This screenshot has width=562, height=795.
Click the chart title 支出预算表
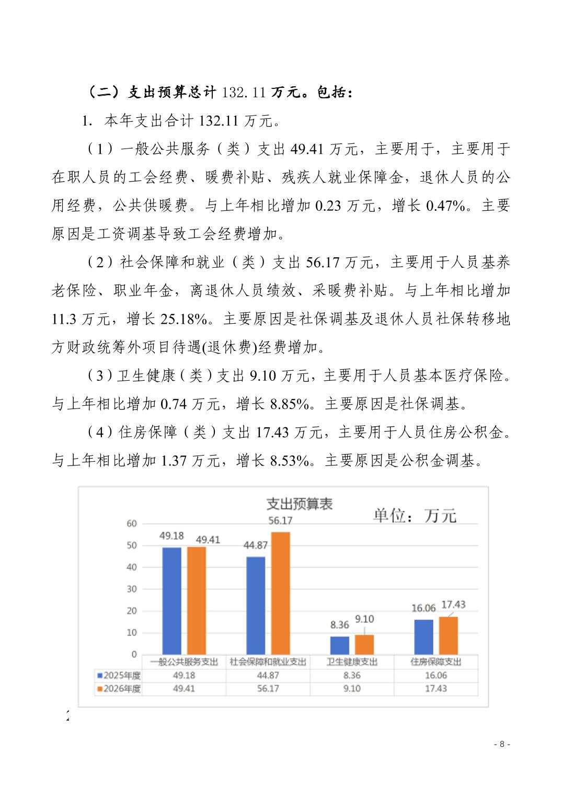(x=299, y=504)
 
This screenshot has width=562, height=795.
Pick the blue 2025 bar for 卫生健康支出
(x=340, y=645)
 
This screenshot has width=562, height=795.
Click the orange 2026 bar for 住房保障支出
(x=448, y=635)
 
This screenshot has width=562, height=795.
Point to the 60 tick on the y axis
(x=132, y=524)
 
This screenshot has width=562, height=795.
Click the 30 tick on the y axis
(x=132, y=589)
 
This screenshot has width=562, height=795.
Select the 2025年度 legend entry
(x=119, y=675)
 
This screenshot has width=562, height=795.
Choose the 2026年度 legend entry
(x=119, y=688)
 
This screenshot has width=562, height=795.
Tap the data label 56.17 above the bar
(x=280, y=520)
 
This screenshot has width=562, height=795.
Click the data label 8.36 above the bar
(x=339, y=624)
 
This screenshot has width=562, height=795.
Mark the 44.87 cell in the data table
(x=268, y=675)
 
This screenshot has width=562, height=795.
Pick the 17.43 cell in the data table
(x=435, y=688)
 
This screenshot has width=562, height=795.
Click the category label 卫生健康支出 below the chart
(x=352, y=662)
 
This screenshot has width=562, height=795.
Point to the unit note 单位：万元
(x=414, y=516)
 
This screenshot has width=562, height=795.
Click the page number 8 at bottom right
(x=502, y=744)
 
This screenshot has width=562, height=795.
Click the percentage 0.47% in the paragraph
(x=445, y=206)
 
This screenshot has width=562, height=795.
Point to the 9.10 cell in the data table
(x=352, y=688)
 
